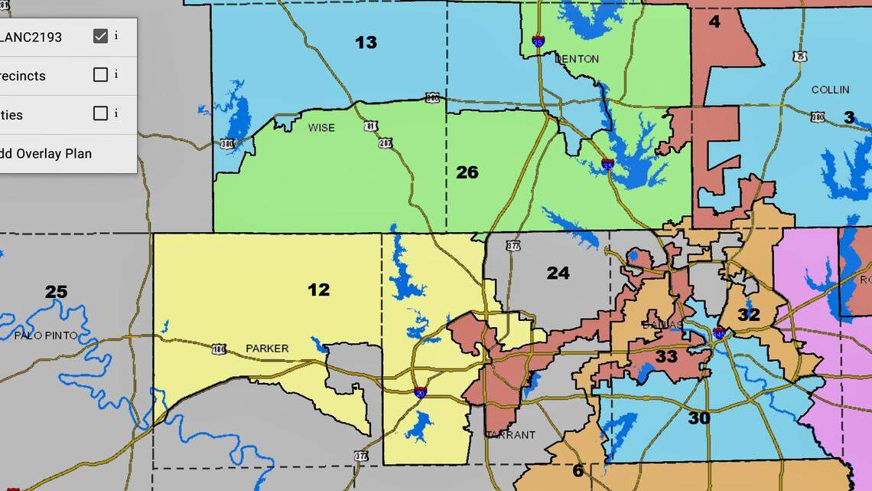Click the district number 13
click(x=366, y=43)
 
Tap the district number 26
click(x=467, y=172)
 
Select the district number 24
click(x=558, y=273)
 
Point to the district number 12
click(x=318, y=290)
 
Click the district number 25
click(x=56, y=292)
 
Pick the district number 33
click(x=666, y=356)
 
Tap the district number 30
click(x=698, y=418)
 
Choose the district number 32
click(x=749, y=315)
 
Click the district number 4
click(x=714, y=21)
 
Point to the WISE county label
click(x=321, y=127)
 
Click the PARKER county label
click(x=267, y=349)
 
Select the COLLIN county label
click(x=830, y=90)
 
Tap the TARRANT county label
click(x=511, y=435)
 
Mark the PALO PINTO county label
click(x=45, y=336)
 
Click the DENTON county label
click(x=577, y=59)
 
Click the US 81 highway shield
click(x=371, y=126)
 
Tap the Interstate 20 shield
click(x=420, y=392)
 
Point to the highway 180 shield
click(x=219, y=349)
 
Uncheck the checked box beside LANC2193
click(x=100, y=36)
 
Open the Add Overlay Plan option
click(x=46, y=153)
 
